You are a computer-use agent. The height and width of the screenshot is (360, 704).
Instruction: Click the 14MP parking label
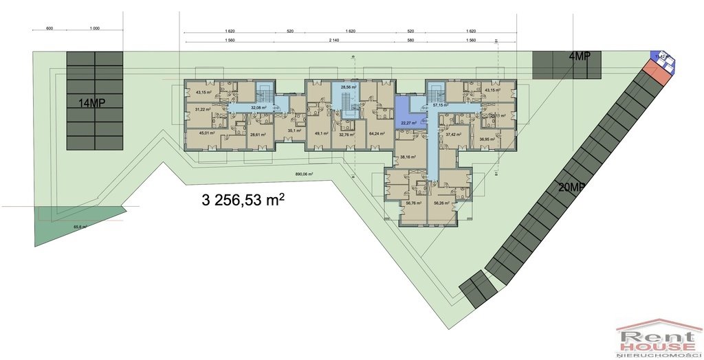point(93,104)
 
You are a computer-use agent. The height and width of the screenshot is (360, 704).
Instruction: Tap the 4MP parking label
point(580,57)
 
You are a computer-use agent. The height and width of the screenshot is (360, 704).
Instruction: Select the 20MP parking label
point(572,187)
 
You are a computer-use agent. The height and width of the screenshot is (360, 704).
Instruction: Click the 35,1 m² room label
point(295,130)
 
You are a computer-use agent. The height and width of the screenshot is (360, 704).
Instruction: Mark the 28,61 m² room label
point(258,135)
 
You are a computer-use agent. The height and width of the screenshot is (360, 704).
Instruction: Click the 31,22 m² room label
point(203,109)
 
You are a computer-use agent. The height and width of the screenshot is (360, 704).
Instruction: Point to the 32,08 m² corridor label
point(258,107)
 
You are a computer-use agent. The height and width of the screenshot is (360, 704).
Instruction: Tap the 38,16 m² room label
point(409,156)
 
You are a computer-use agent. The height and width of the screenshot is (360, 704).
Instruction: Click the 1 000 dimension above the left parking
point(94,28)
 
